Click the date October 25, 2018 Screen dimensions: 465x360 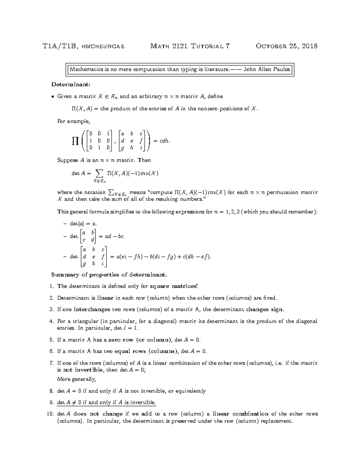click(x=286, y=46)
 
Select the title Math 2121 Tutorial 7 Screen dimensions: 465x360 click(x=190, y=46)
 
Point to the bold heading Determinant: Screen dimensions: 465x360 click(x=70, y=85)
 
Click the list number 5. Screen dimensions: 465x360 click(x=52, y=340)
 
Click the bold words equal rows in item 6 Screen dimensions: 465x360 click(x=130, y=352)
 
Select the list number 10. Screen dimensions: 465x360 click(x=50, y=414)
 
